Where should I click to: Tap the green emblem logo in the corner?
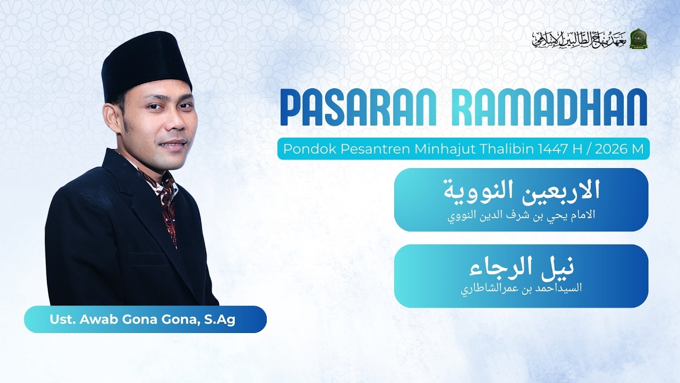click(x=637, y=39)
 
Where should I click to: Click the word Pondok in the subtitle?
click(x=302, y=149)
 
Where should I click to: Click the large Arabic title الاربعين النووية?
click(x=522, y=191)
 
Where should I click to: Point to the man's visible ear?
click(x=111, y=118)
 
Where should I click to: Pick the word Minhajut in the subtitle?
click(x=445, y=149)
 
